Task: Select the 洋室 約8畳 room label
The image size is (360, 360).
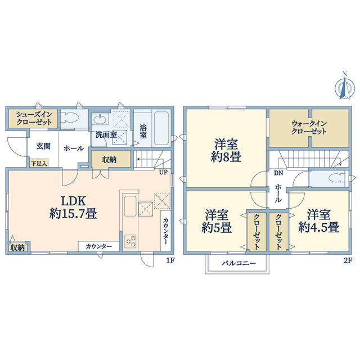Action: pyautogui.click(x=226, y=151)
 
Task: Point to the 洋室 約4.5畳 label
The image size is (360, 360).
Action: pyautogui.click(x=319, y=221)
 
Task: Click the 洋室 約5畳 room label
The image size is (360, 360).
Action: pyautogui.click(x=217, y=221)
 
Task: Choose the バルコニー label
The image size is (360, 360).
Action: pyautogui.click(x=238, y=263)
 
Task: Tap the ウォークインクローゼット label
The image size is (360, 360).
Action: pyautogui.click(x=309, y=128)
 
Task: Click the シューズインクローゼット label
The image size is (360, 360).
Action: pyautogui.click(x=34, y=118)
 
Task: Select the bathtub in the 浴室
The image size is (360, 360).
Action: pyautogui.click(x=161, y=128)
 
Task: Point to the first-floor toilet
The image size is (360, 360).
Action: pyautogui.click(x=70, y=118)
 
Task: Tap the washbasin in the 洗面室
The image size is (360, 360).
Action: pyautogui.click(x=100, y=119)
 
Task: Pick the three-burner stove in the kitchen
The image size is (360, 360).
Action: pyautogui.click(x=130, y=241)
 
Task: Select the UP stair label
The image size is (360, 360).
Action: pyautogui.click(x=164, y=172)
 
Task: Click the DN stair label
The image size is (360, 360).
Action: pyautogui.click(x=278, y=173)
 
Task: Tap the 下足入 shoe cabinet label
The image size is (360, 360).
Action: pyautogui.click(x=39, y=164)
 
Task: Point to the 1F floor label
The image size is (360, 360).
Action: pyautogui.click(x=170, y=260)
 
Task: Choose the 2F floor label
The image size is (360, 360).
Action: pyautogui.click(x=348, y=260)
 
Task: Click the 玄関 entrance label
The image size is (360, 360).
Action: pyautogui.click(x=44, y=146)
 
